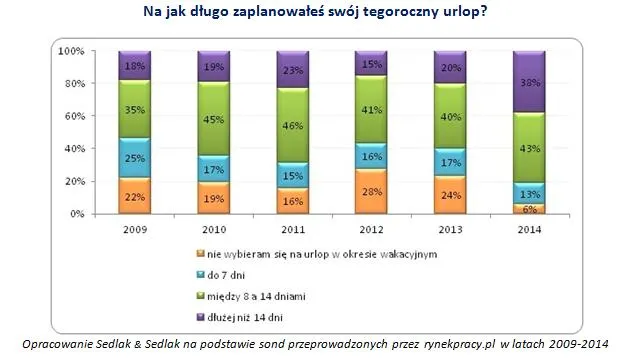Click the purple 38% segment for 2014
pos(528,82)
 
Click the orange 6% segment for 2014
pos(528,208)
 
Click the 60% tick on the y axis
pos(73,116)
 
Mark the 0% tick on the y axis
pos(76,214)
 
